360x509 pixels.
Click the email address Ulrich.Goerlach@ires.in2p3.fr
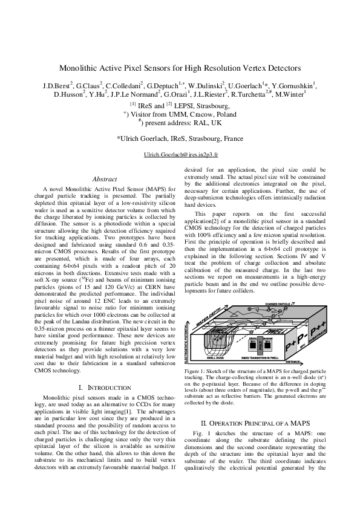click(x=180, y=155)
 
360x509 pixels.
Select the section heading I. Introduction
click(x=104, y=370)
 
